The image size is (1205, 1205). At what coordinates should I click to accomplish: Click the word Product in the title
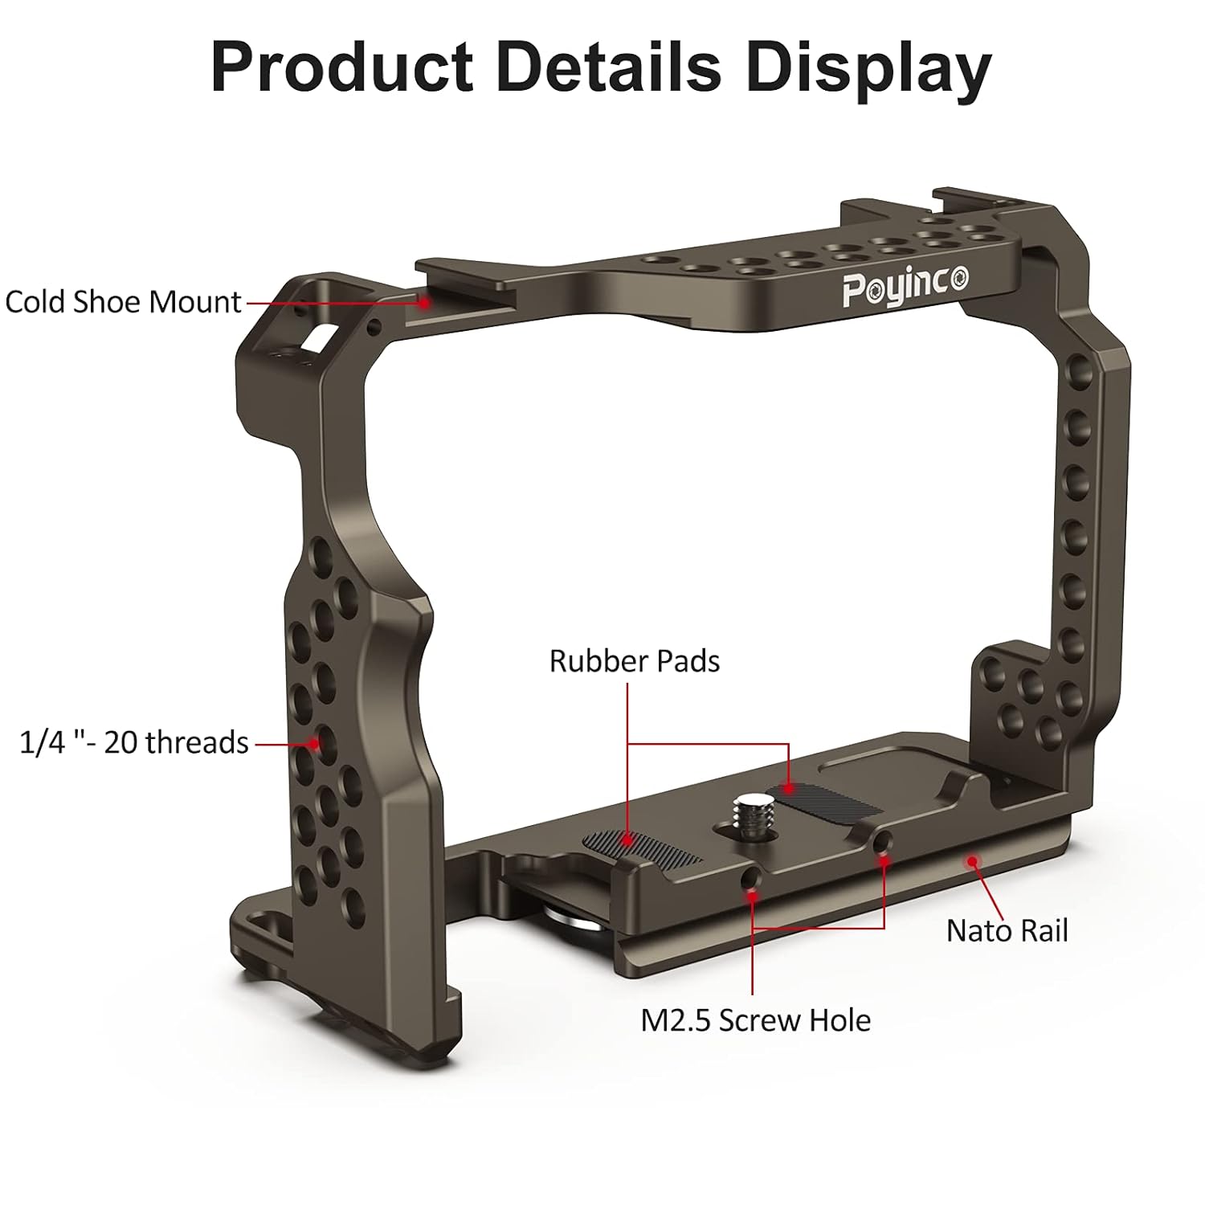coord(342,68)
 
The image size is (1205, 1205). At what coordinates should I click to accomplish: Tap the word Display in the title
coord(868,68)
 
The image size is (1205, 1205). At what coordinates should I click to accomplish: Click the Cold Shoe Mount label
coord(123,302)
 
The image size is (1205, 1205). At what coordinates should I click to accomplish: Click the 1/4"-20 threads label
coord(133,742)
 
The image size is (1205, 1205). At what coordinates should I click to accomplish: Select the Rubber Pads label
coord(634,661)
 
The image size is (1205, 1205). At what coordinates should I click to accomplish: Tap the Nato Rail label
coord(1007,931)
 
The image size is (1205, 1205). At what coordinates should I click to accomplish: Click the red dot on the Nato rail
coord(973,862)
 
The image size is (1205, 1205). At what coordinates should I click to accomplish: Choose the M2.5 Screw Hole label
coord(755,1020)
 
